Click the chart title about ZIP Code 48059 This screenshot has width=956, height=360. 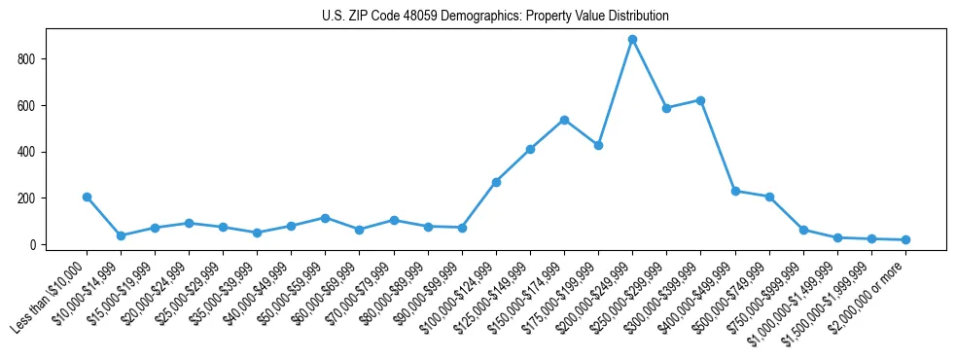tap(495, 17)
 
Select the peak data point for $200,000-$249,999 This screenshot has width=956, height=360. tap(632, 39)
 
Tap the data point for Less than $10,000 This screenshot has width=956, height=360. tap(87, 197)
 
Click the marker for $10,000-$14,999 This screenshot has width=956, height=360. tap(121, 235)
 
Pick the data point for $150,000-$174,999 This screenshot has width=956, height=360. tap(564, 120)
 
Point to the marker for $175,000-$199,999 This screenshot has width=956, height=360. tap(598, 145)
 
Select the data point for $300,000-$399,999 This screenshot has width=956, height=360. tap(700, 100)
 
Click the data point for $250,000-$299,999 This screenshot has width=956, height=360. tap(666, 108)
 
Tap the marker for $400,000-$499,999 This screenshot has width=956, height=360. tap(735, 191)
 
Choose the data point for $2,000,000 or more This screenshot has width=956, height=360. tap(905, 239)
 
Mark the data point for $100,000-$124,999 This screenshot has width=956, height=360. tap(496, 182)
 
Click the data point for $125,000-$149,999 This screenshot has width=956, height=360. tap(530, 149)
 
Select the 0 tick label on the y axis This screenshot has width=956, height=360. tap(32, 244)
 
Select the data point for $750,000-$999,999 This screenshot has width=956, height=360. tap(803, 230)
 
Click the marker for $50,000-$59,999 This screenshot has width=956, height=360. tap(325, 218)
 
